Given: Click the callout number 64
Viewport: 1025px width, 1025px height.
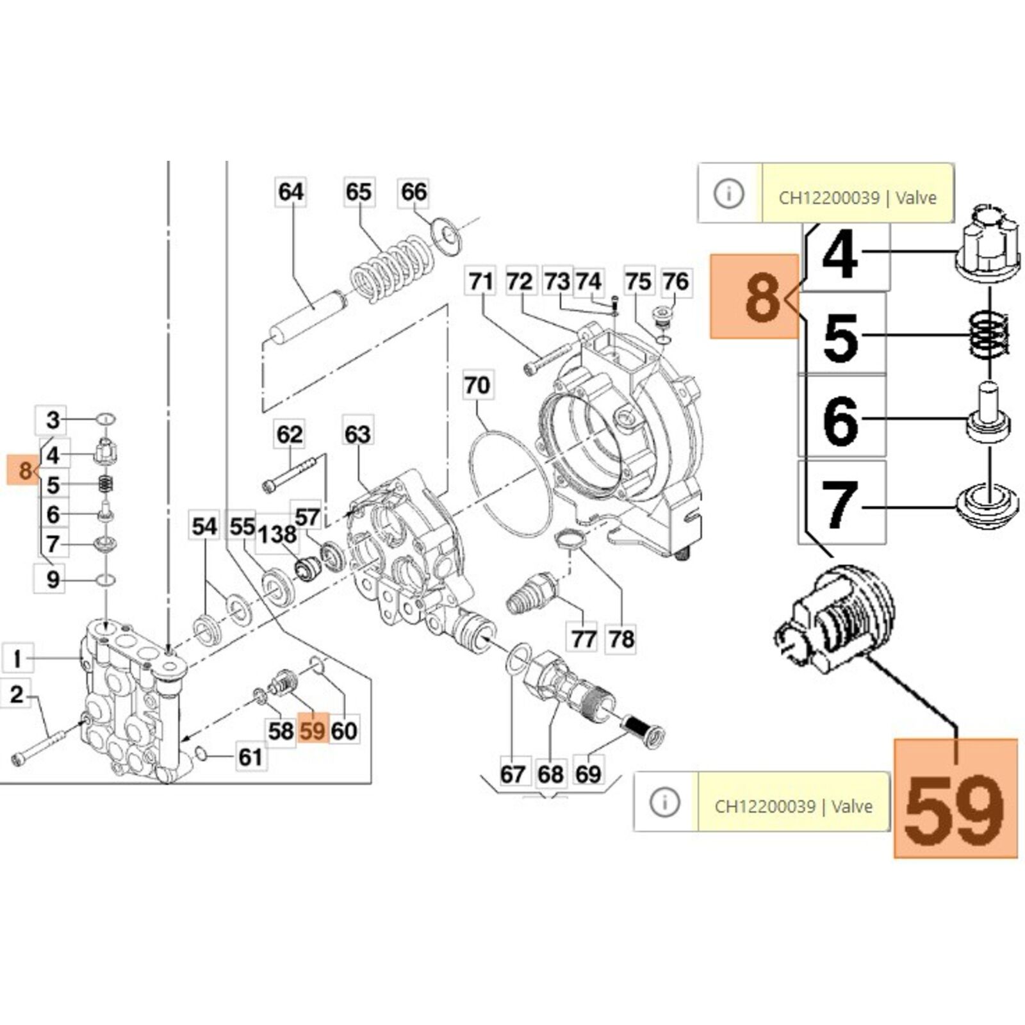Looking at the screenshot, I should tap(291, 192).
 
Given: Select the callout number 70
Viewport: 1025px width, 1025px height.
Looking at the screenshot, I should tap(477, 385).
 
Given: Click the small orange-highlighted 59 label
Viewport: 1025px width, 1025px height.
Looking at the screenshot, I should tap(313, 730).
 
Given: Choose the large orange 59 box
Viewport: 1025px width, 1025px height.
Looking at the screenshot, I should tap(955, 798).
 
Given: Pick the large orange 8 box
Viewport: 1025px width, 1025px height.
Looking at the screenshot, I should tap(755, 296).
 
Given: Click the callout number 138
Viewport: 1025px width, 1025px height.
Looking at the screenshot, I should tap(277, 534).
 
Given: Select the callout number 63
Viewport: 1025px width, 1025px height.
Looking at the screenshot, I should tap(357, 434).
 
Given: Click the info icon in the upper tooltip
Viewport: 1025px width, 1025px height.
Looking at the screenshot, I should tap(729, 193).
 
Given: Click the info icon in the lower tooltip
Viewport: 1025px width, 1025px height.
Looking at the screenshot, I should tap(665, 801).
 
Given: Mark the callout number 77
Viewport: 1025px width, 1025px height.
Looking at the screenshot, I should tap(584, 639).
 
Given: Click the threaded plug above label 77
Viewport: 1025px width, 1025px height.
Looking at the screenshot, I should tap(531, 594).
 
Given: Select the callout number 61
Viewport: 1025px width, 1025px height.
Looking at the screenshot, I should tap(250, 757).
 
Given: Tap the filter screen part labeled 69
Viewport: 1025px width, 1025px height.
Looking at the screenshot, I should tap(643, 731).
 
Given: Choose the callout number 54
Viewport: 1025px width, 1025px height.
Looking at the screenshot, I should tap(204, 527).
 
